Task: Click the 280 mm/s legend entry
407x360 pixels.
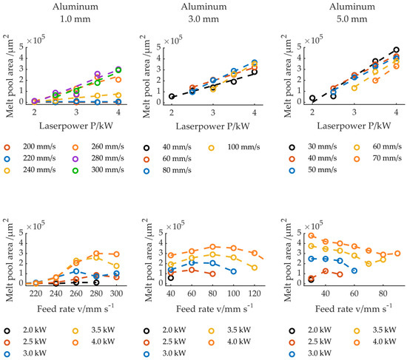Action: point(98,158)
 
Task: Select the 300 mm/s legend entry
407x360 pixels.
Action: point(98,170)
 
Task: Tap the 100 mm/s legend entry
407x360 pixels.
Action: point(234,147)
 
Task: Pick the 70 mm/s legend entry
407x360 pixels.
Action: point(377,158)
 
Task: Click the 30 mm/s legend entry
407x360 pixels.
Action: point(313,147)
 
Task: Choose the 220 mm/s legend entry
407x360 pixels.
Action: point(30,158)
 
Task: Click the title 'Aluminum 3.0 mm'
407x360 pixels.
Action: point(203,13)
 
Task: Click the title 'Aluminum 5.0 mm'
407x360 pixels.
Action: point(352,13)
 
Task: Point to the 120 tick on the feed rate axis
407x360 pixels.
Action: point(255,293)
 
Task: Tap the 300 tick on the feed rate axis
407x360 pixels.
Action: point(116,293)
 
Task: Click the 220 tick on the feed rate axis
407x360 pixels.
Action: point(36,293)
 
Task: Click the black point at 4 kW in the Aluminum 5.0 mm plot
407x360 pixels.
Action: point(396,50)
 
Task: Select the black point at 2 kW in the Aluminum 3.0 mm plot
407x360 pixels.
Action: point(172,97)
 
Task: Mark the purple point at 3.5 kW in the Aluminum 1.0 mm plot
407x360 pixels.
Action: point(98,74)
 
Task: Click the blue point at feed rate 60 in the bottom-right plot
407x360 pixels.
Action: point(354,271)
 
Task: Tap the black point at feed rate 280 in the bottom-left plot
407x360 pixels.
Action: point(96,282)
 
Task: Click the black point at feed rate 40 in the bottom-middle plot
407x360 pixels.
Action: point(170,278)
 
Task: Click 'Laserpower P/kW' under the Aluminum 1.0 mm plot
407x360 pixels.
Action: point(76,126)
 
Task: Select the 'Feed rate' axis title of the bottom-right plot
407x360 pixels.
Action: point(354,309)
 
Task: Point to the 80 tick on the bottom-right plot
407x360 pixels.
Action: point(383,293)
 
